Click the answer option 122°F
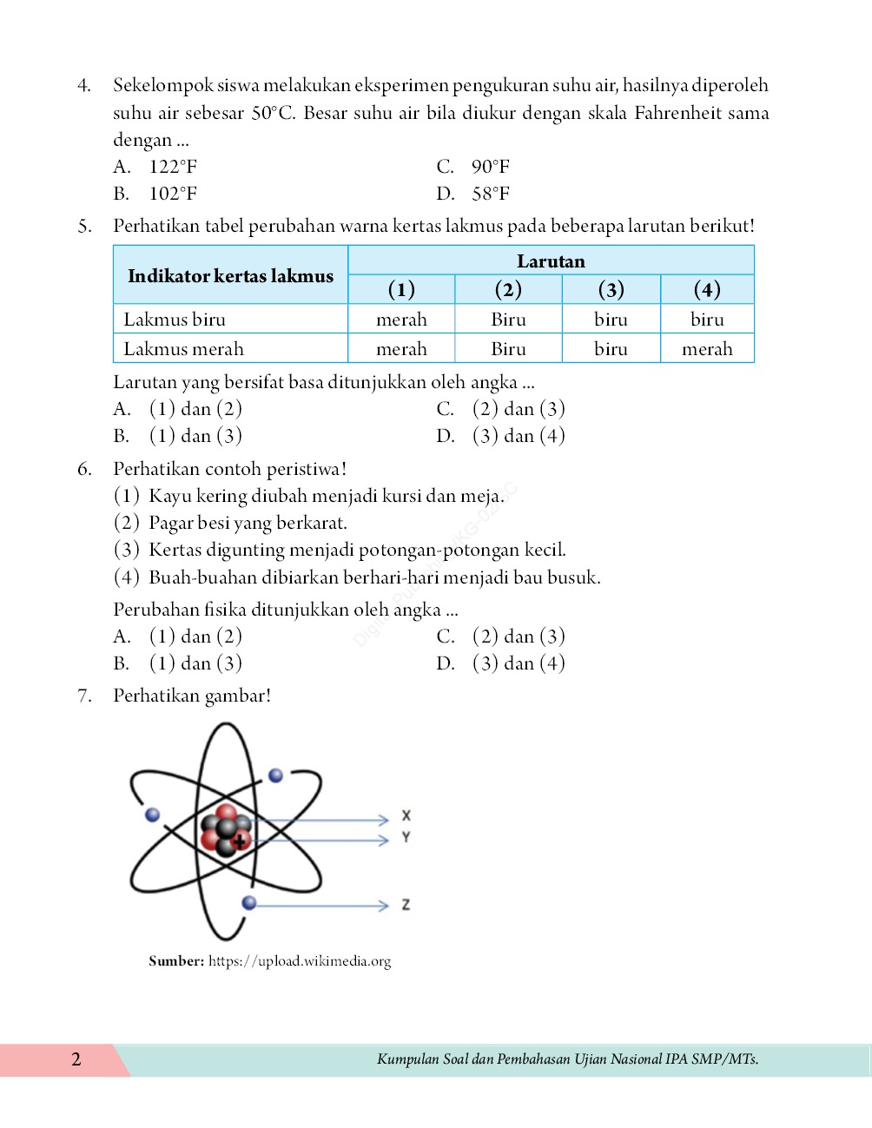[172, 167]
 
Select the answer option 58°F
[490, 194]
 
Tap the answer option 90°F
[490, 167]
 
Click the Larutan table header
[551, 261]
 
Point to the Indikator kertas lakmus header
[230, 276]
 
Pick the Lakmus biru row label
[175, 320]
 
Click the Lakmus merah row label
[183, 349]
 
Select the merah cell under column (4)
[707, 349]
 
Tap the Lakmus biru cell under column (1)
[401, 320]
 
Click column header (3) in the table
[611, 289]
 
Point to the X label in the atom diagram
[406, 816]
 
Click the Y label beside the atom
[406, 838]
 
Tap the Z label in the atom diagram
[406, 905]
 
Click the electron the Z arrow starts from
[249, 903]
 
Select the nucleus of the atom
[226, 832]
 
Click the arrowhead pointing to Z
[383, 906]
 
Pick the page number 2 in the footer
[76, 1059]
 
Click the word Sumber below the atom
[176, 961]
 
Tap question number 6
[84, 470]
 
